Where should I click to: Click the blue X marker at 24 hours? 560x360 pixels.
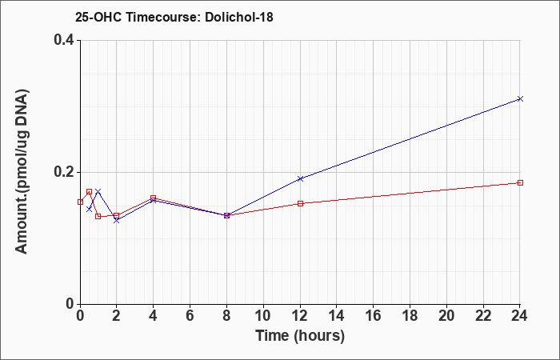tap(520, 98)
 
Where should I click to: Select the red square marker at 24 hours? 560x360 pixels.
tap(520, 183)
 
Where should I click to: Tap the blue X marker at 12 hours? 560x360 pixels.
tap(300, 178)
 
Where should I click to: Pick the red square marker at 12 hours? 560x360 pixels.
tap(300, 203)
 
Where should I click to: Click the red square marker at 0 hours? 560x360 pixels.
tap(80, 202)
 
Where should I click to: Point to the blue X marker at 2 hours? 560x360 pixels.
tap(117, 220)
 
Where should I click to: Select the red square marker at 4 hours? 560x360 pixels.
tap(154, 198)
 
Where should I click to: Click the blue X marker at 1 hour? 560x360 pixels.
tap(98, 191)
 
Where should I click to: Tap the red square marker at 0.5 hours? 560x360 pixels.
tap(90, 192)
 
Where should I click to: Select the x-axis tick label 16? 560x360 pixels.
tap(374, 316)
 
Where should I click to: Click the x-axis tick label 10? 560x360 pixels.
tap(263, 316)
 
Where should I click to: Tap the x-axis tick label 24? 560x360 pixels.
tap(520, 316)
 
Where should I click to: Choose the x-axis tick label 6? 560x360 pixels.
tap(190, 316)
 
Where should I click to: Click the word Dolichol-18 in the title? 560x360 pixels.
tap(239, 17)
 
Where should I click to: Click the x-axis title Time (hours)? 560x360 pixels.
tap(300, 336)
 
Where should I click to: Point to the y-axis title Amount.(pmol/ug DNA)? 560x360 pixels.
tap(22, 172)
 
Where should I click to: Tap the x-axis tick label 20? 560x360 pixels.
tap(446, 316)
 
